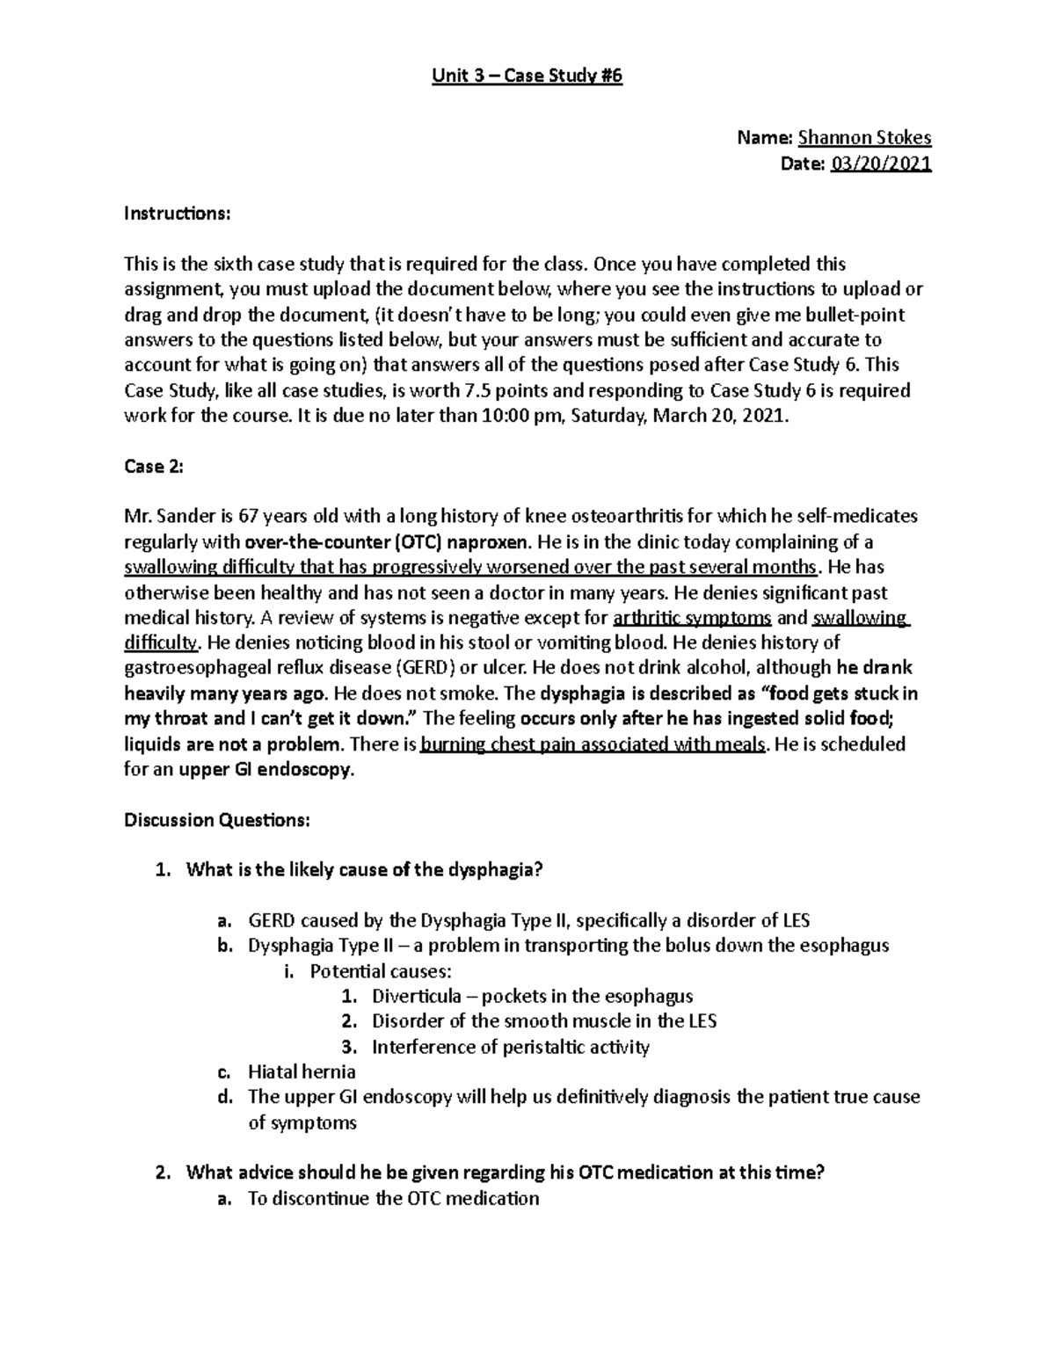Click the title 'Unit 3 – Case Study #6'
(x=527, y=76)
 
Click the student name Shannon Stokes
(x=864, y=137)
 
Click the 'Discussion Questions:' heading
(x=216, y=820)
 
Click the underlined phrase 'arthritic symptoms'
(x=693, y=618)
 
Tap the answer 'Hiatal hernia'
(x=302, y=1071)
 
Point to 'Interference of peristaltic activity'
(x=510, y=1047)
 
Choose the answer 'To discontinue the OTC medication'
(x=393, y=1198)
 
